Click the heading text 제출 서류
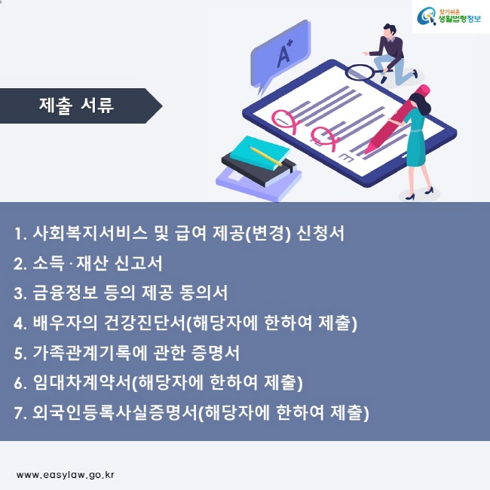point(76,106)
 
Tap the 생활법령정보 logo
point(449,17)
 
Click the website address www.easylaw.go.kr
point(66,475)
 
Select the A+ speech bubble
point(280,57)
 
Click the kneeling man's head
point(389,31)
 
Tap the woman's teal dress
point(415,137)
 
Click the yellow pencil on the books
point(265,156)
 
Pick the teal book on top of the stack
point(259,153)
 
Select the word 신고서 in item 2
point(139,263)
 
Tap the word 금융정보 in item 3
point(65,292)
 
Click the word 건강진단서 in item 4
point(145,323)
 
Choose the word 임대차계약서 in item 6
point(82,382)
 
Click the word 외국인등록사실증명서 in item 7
point(115,412)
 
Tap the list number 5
point(20,354)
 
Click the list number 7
point(20,413)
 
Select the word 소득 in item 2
point(48,263)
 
